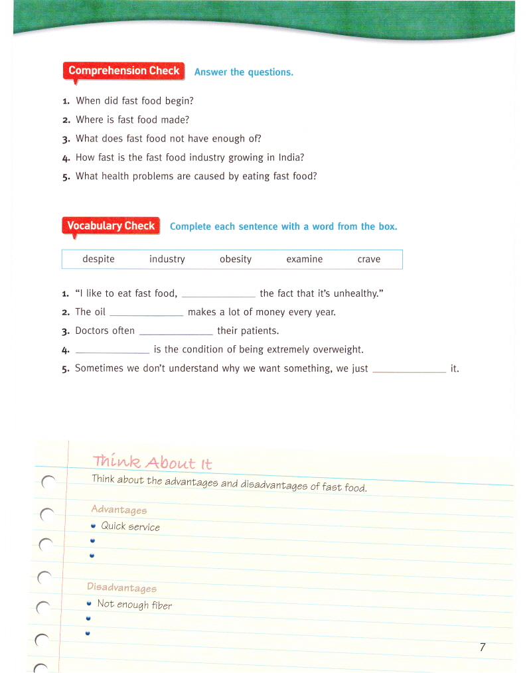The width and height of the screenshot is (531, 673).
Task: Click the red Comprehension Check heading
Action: pos(123,71)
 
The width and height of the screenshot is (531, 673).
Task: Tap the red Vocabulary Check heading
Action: pos(111,226)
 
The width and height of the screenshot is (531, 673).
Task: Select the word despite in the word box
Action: pos(98,260)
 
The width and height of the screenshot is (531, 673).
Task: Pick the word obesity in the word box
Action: pos(236,260)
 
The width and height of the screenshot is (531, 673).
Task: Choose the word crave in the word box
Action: pos(368,260)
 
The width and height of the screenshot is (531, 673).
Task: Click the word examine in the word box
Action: pos(304,260)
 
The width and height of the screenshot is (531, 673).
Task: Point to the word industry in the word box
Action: pos(167,260)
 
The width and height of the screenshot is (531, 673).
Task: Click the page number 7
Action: pos(483,647)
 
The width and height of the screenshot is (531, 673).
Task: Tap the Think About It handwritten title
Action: pos(153,462)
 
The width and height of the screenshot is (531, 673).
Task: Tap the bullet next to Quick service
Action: pos(94,526)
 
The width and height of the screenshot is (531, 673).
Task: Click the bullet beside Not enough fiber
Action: pos(89,603)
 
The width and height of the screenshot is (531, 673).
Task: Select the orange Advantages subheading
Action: pos(119,510)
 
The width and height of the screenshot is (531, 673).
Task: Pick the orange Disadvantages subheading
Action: pos(122,587)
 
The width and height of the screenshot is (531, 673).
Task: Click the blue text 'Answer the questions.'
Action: pos(244,72)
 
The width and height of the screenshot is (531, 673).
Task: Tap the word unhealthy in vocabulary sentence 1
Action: pos(352,293)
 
